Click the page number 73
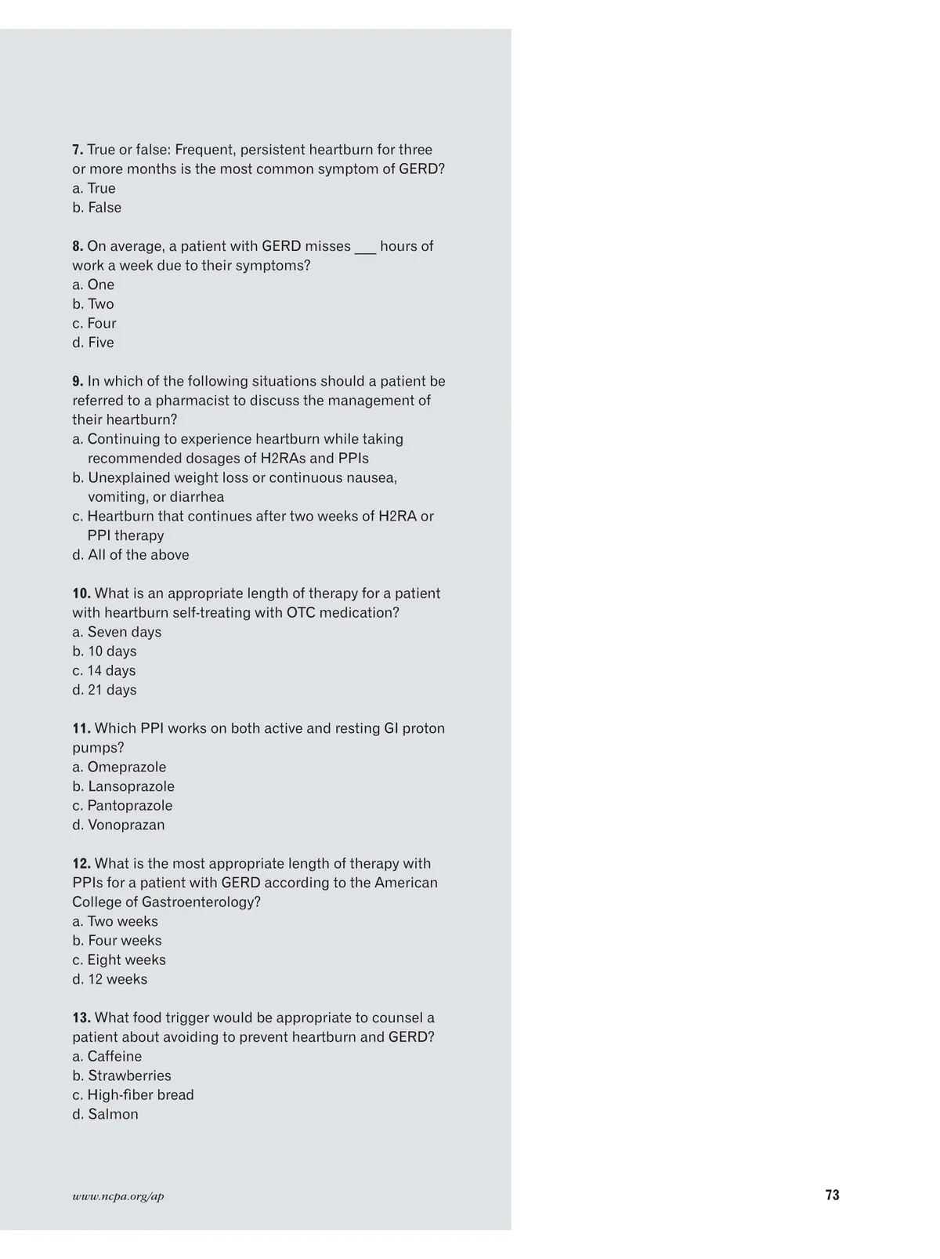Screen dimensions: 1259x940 click(x=832, y=1195)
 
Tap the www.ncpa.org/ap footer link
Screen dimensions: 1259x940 click(x=118, y=1196)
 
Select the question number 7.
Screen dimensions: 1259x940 click(x=78, y=150)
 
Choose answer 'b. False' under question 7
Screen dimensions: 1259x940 click(x=97, y=208)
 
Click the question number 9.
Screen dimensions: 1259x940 click(x=78, y=381)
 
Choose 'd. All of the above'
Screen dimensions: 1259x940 click(x=131, y=555)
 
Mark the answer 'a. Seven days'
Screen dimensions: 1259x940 click(x=117, y=632)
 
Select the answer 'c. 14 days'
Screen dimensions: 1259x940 click(x=104, y=670)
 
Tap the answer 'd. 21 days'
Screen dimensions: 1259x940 click(x=104, y=690)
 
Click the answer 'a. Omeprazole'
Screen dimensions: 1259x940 click(x=119, y=767)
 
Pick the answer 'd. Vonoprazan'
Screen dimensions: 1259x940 click(x=118, y=825)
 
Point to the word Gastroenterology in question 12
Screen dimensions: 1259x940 click(x=201, y=902)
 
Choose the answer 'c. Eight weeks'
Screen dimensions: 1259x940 click(x=119, y=960)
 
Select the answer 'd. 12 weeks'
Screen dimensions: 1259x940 click(x=110, y=979)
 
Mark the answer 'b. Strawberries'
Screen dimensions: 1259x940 click(x=121, y=1076)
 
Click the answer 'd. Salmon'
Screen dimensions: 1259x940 click(x=105, y=1114)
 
